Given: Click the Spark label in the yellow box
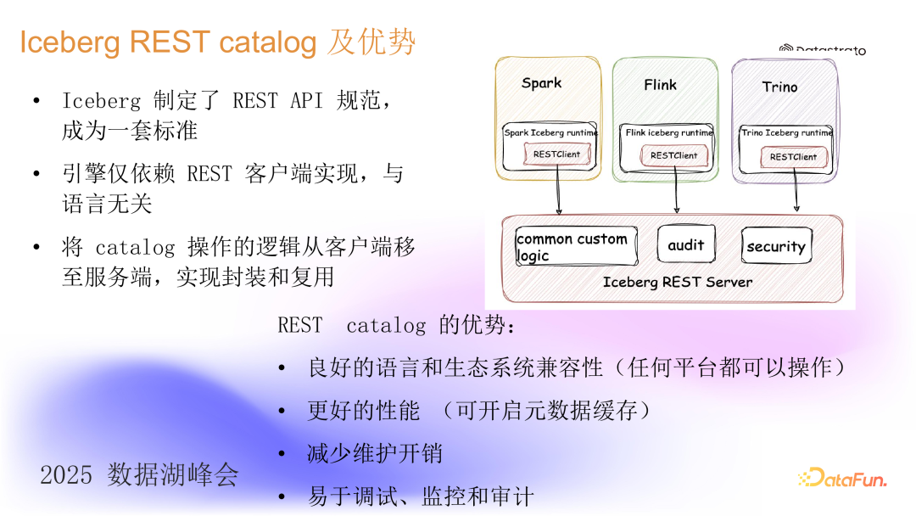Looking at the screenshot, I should pos(541,83).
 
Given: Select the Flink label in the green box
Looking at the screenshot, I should pos(660,85).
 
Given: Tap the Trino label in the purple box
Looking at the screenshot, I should pos(779,87).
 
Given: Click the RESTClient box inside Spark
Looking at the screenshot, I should pos(556,154).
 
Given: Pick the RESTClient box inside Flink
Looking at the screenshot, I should pos(673,155).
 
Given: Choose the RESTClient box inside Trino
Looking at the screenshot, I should pos(793,157).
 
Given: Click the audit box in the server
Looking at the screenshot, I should pos(686,244).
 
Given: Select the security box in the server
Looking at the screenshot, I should pos(775,246).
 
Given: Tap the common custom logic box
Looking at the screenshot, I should pos(573,247).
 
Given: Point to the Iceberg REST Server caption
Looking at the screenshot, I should pos(677,282).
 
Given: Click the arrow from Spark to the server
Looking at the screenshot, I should pos(558,191).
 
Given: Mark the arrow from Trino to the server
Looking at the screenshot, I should pos(796,191).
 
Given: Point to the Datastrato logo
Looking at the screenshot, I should pos(823,50).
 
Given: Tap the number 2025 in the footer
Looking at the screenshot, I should pos(66,475).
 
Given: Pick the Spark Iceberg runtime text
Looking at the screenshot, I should pos(550,132).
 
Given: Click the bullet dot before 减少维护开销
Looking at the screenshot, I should pos(282,454).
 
